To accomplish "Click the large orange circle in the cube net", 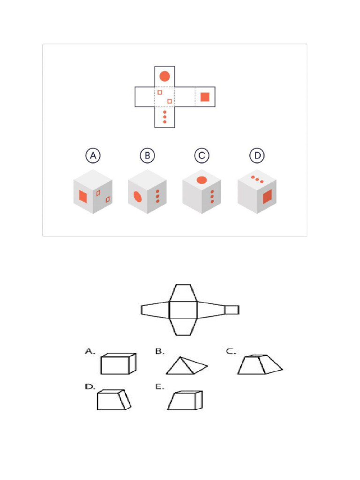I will pyautogui.click(x=164, y=76).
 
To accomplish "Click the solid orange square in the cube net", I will pyautogui.click(x=205, y=97).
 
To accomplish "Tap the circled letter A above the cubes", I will pyautogui.click(x=93, y=156).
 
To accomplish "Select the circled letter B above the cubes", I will pyautogui.click(x=147, y=156).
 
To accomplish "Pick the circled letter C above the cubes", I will pyautogui.click(x=202, y=156).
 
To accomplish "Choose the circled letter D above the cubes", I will pyautogui.click(x=256, y=156).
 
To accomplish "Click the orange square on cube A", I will pyautogui.click(x=83, y=196).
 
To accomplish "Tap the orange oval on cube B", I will pyautogui.click(x=138, y=196).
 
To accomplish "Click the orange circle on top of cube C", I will pyautogui.click(x=202, y=180).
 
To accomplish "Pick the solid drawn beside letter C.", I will pyautogui.click(x=259, y=365).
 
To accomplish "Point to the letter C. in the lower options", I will pyautogui.click(x=231, y=351).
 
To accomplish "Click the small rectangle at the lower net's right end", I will pyautogui.click(x=232, y=310).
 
